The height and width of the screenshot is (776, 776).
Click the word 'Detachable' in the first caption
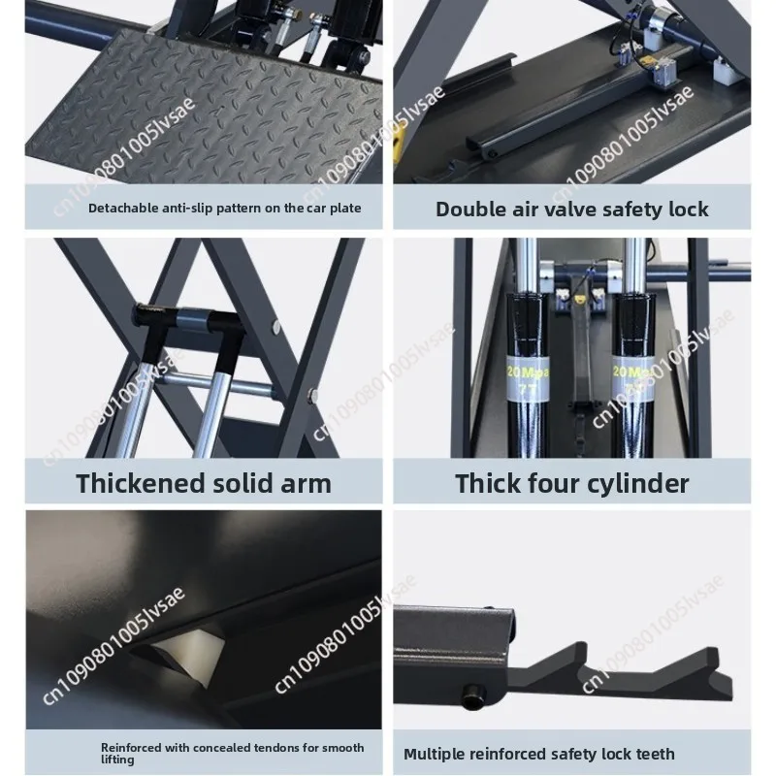pyautogui.click(x=116, y=208)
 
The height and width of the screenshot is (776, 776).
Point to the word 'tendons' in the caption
pyautogui.click(x=279, y=747)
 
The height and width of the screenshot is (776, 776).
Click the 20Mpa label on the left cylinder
pyautogui.click(x=528, y=377)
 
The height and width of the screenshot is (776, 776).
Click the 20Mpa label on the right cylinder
pyautogui.click(x=633, y=377)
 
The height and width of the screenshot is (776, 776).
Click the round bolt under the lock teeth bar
pyautogui.click(x=472, y=696)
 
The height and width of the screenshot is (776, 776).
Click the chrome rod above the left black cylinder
pyautogui.click(x=527, y=265)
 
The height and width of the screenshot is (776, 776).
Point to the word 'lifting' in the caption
pyautogui.click(x=117, y=760)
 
